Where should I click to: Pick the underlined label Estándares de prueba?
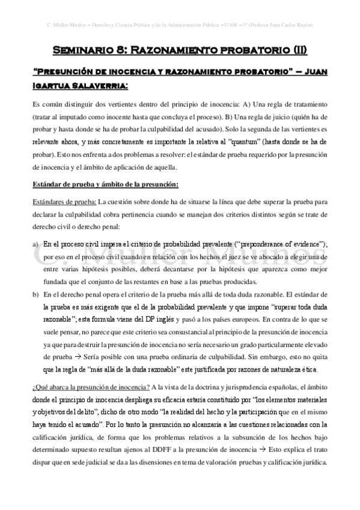point(64,201)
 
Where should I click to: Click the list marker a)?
point(35,244)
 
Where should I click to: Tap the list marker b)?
point(35,293)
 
